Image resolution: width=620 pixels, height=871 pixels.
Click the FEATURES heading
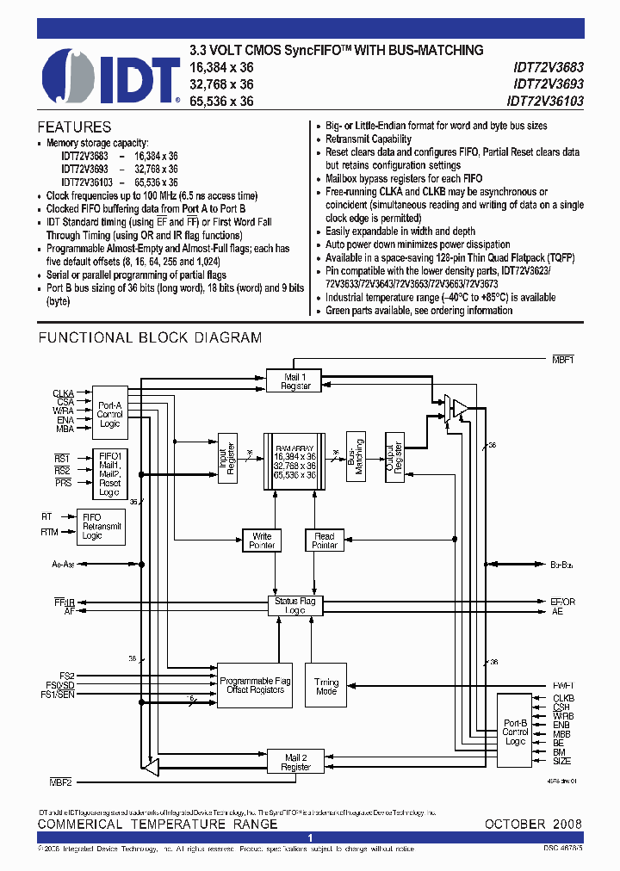[74, 127]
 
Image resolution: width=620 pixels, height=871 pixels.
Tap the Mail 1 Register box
[295, 380]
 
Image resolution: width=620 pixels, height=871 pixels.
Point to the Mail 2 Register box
[295, 762]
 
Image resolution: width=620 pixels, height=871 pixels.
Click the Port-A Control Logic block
[109, 414]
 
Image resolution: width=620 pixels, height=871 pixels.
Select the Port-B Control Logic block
[515, 732]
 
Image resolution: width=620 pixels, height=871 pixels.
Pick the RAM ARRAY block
[294, 466]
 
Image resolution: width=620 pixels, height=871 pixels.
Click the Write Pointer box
[262, 541]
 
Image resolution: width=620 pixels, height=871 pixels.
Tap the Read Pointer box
[325, 541]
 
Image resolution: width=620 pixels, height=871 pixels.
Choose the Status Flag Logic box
[294, 605]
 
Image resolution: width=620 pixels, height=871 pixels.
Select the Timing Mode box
[326, 686]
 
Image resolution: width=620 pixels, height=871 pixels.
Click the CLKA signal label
[63, 392]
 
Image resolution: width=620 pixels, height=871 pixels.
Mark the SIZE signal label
[562, 761]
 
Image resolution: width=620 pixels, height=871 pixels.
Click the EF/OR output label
[562, 601]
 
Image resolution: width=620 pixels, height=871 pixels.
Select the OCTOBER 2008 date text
[533, 824]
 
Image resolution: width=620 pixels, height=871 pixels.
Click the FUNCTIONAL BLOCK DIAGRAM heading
[150, 338]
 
